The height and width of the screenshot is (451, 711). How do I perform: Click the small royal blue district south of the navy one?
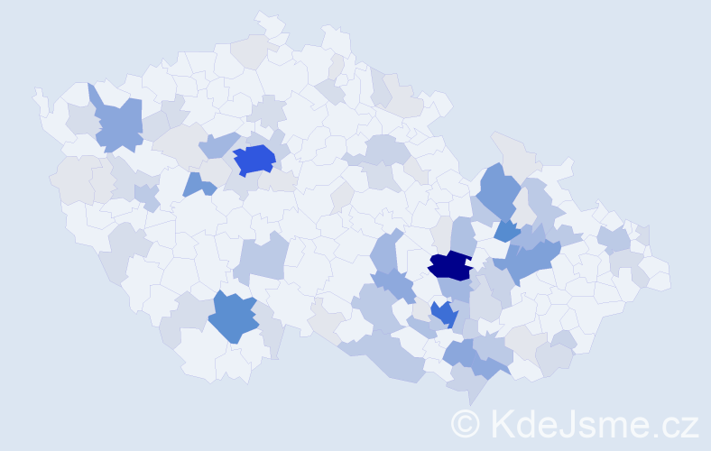443,314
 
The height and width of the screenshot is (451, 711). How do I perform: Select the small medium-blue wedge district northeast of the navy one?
506,231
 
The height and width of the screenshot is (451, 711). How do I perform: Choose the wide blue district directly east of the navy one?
532,262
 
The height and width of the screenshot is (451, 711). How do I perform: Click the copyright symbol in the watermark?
466,423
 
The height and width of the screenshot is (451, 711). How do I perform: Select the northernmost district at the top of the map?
267,22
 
